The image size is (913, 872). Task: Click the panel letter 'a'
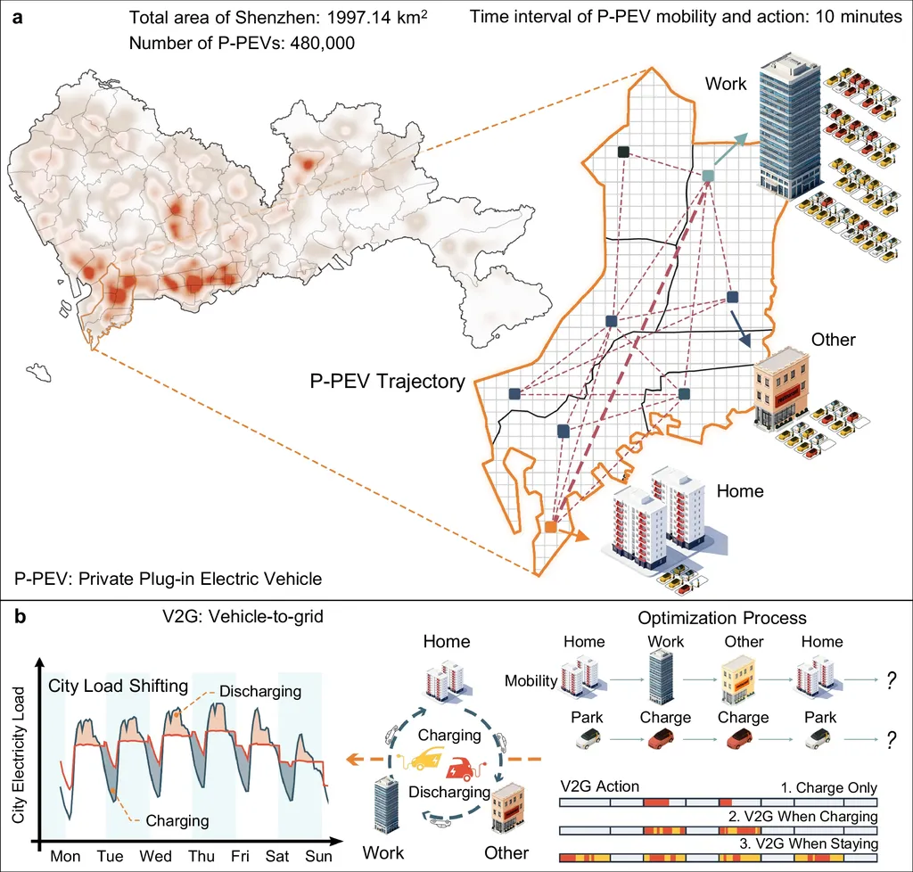[x=15, y=15]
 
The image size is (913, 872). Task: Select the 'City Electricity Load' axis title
[x=18, y=748]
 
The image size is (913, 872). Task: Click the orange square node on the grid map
[x=550, y=528]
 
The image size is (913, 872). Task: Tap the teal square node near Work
[x=708, y=176]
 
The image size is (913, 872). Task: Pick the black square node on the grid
[x=624, y=152]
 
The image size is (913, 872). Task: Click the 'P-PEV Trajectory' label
[x=387, y=383]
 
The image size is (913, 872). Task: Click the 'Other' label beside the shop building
[x=833, y=340]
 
